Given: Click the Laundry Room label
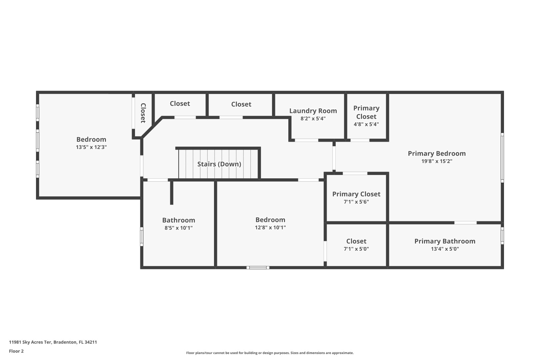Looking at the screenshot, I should [x=313, y=111].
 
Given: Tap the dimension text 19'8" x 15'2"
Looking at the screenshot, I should [x=437, y=161].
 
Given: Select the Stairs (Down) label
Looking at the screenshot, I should [x=219, y=164].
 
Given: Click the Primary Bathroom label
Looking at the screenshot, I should [x=445, y=241].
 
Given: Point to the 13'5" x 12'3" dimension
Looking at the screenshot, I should [x=91, y=147].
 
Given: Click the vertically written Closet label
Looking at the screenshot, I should [x=143, y=113].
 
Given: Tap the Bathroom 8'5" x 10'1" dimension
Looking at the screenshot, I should [x=178, y=228].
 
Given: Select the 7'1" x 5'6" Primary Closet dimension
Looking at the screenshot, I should [x=356, y=202].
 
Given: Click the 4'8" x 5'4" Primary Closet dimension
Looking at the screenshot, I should [x=366, y=124].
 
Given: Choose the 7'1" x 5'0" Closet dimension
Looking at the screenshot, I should [x=356, y=249].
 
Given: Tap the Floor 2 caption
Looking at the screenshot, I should [x=16, y=351].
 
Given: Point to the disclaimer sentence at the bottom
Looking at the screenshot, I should [x=270, y=353].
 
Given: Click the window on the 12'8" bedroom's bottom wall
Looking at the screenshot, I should [x=258, y=267].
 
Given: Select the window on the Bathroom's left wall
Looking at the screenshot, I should [x=142, y=237].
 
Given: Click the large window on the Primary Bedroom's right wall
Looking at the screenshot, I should [x=502, y=157].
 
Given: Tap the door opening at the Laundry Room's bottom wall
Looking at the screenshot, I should [x=306, y=140].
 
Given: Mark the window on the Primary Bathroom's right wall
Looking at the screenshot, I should [x=502, y=235].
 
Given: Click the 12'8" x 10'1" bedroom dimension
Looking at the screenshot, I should [x=270, y=228].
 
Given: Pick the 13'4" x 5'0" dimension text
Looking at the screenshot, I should [x=445, y=249].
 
